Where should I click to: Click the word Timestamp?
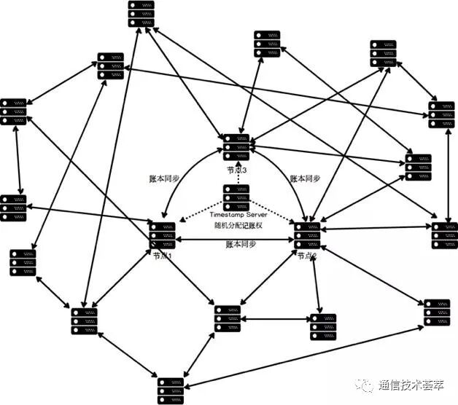[x=228, y=216]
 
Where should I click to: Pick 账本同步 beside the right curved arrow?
[x=305, y=178]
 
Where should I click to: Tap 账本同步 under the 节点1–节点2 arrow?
[x=240, y=245]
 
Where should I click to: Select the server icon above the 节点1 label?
[x=162, y=235]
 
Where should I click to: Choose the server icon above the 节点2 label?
[x=307, y=235]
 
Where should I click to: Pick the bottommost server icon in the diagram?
[x=171, y=390]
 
